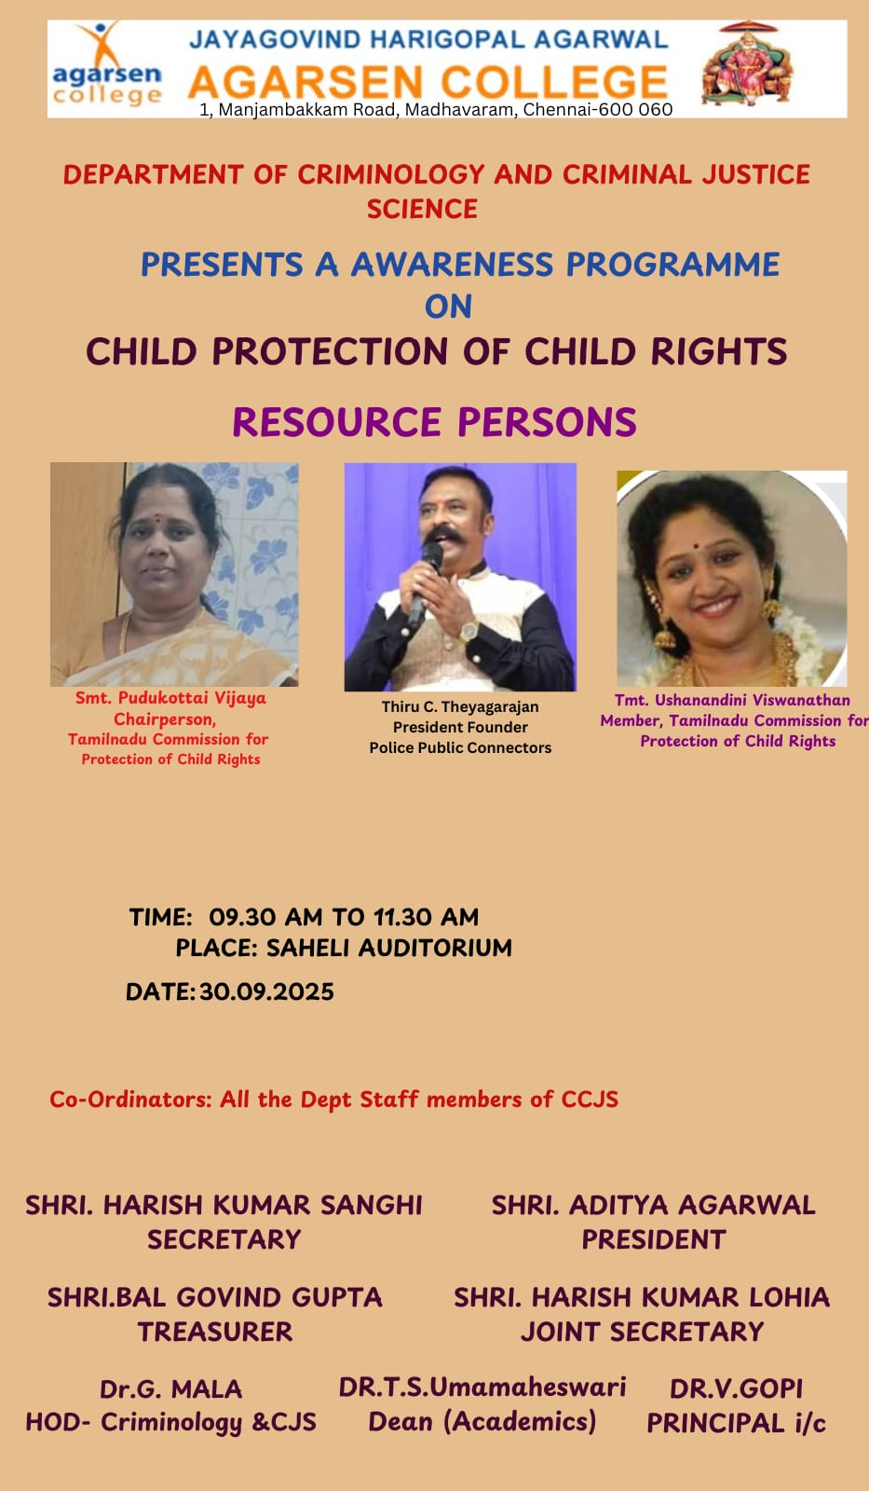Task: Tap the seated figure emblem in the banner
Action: pyautogui.click(x=748, y=63)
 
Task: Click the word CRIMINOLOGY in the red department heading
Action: pyautogui.click(x=391, y=174)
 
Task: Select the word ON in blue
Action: pyautogui.click(x=449, y=307)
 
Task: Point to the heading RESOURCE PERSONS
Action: pyautogui.click(x=434, y=422)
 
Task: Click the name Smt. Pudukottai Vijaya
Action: pyautogui.click(x=170, y=698)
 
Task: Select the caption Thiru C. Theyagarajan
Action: pyautogui.click(x=460, y=707)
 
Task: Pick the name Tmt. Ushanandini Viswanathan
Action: pyautogui.click(x=732, y=700)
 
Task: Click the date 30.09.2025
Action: pyautogui.click(x=266, y=992)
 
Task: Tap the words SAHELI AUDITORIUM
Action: pyautogui.click(x=389, y=948)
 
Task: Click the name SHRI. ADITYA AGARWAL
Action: pyautogui.click(x=654, y=1206)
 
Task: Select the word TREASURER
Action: pyautogui.click(x=215, y=1332)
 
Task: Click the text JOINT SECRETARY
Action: pyautogui.click(x=642, y=1332)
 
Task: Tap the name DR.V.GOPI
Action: pyautogui.click(x=736, y=1389)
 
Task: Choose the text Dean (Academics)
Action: pyautogui.click(x=482, y=1422)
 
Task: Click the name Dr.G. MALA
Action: pyautogui.click(x=171, y=1389)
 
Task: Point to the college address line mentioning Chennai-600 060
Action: pyautogui.click(x=436, y=109)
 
